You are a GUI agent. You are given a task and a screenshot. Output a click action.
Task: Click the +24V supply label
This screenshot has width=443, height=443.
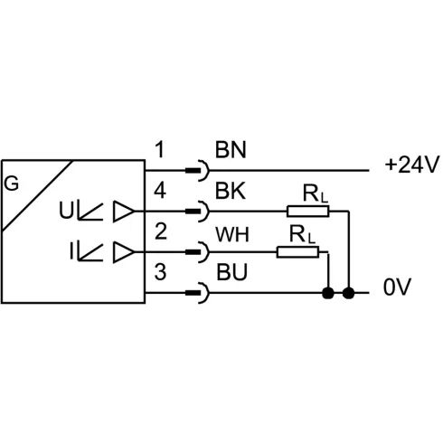pyautogui.click(x=411, y=165)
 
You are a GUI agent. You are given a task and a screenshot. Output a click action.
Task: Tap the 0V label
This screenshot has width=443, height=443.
pyautogui.click(x=397, y=287)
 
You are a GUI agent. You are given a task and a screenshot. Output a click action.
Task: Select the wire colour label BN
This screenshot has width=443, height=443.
pyautogui.click(x=231, y=150)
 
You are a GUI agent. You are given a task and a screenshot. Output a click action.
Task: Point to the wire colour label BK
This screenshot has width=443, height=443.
pyautogui.click(x=231, y=191)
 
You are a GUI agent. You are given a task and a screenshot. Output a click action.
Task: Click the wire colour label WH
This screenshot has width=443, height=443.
pyautogui.click(x=232, y=235)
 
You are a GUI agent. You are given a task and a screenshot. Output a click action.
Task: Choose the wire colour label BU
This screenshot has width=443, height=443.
pyautogui.click(x=232, y=272)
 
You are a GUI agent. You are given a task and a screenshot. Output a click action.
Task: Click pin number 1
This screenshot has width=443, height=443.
pyautogui.click(x=160, y=150)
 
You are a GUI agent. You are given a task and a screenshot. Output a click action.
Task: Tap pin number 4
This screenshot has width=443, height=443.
pyautogui.click(x=160, y=191)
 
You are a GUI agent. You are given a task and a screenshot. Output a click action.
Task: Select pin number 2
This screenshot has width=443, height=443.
pyautogui.click(x=161, y=231)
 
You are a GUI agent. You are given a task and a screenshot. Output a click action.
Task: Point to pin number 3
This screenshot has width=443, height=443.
pyautogui.click(x=160, y=272)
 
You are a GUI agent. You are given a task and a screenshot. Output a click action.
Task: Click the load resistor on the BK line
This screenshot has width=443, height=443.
pyautogui.click(x=308, y=212)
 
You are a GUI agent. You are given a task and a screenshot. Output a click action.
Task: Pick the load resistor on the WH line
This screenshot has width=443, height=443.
pyautogui.click(x=297, y=252)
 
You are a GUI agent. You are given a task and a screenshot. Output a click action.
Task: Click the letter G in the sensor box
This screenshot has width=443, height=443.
pyautogui.click(x=12, y=184)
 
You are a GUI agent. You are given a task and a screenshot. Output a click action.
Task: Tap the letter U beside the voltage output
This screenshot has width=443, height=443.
pyautogui.click(x=66, y=210)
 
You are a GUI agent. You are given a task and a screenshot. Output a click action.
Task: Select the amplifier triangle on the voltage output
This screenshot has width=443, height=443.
pyautogui.click(x=124, y=212)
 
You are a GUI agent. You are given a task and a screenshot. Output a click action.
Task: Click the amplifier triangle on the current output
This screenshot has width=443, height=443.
pyautogui.click(x=124, y=252)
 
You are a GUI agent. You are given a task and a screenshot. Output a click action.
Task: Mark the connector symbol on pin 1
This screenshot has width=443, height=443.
pyautogui.click(x=198, y=171)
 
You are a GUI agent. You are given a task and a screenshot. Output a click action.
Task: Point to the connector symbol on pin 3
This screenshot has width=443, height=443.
pyautogui.click(x=198, y=293)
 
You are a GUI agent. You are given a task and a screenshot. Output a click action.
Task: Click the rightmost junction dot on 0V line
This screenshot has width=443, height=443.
pyautogui.click(x=349, y=293)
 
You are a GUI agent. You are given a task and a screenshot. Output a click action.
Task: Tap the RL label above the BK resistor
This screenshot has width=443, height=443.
pyautogui.click(x=315, y=193)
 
